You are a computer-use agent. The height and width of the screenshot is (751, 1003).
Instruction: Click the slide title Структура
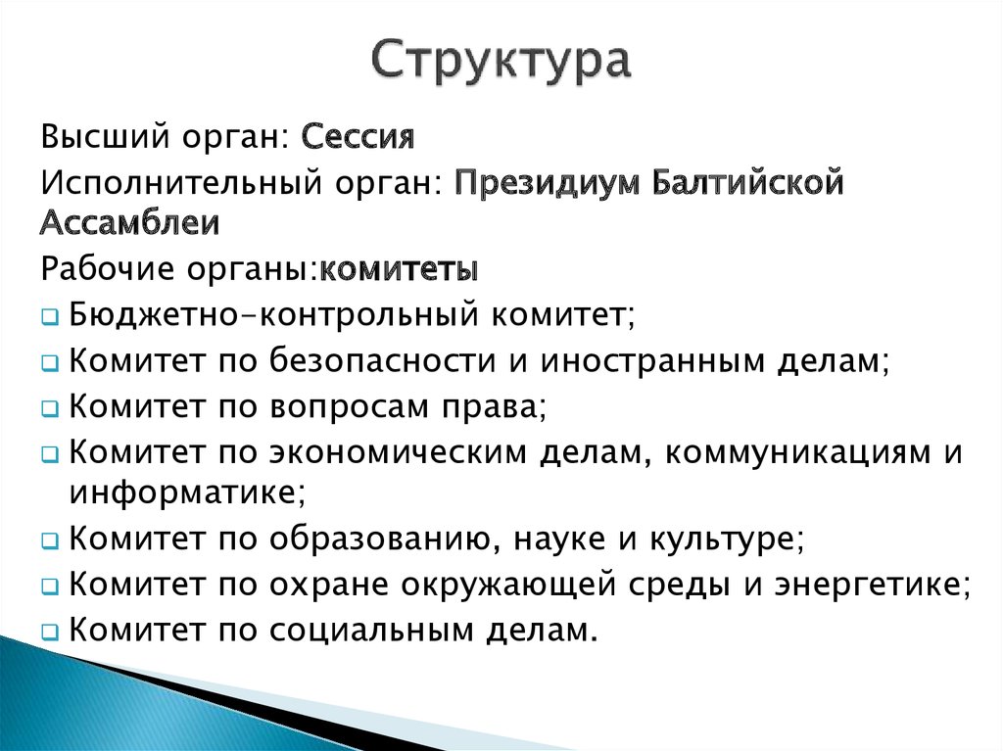click(501, 62)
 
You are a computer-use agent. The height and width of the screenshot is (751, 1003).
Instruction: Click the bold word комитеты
click(400, 268)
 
